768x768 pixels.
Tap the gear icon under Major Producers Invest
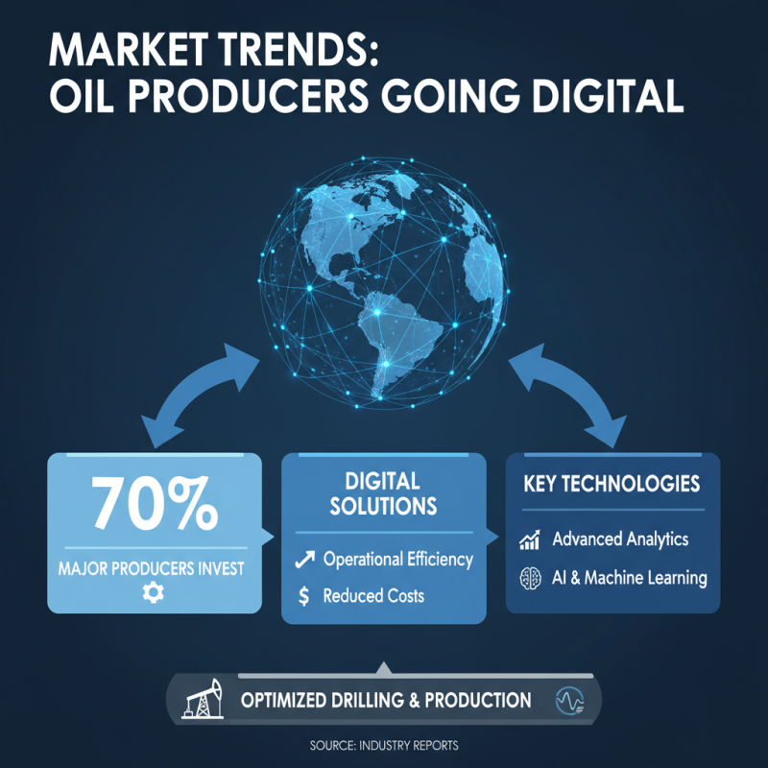pos(153,593)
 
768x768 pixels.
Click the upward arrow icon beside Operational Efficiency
pos(304,559)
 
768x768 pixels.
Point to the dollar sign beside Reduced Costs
pos(304,596)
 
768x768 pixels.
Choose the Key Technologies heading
pos(612,483)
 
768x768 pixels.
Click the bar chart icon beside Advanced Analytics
pos(529,540)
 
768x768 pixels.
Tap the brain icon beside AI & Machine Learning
pos(529,578)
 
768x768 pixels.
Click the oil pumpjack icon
pos(204,699)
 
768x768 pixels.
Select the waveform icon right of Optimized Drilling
pos(570,701)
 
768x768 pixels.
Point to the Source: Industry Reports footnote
pos(383,746)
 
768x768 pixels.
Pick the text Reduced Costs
pos(373,596)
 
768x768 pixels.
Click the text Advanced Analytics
pos(620,540)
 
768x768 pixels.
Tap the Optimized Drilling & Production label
pos(385,700)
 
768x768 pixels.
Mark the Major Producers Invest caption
pos(155,567)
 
